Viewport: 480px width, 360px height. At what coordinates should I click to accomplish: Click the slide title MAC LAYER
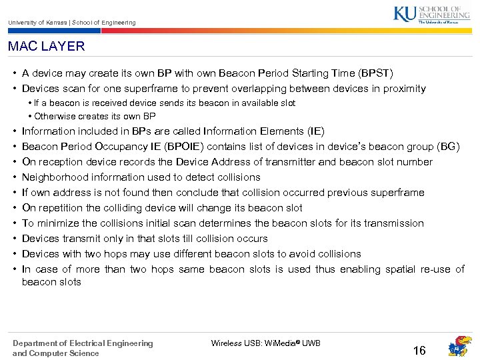click(47, 47)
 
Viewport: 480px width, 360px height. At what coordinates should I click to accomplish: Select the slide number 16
click(419, 351)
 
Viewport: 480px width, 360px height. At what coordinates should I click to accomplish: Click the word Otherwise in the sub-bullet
click(53, 116)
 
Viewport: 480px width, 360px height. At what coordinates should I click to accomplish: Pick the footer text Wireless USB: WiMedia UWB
click(265, 343)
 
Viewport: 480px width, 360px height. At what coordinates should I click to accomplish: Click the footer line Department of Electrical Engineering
click(83, 343)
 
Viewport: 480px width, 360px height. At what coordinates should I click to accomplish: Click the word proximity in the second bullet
click(403, 89)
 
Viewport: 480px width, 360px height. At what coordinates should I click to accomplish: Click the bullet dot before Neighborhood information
click(14, 177)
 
